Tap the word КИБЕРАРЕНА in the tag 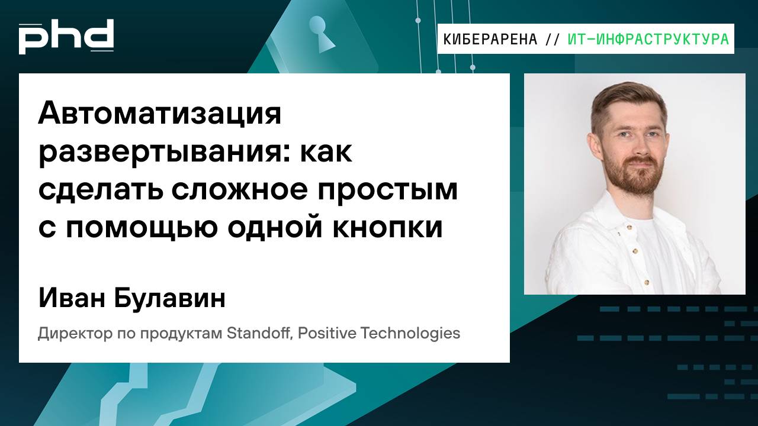point(490,40)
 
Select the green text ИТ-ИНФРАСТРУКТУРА point(648,40)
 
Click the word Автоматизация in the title point(160,114)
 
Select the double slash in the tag point(552,40)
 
